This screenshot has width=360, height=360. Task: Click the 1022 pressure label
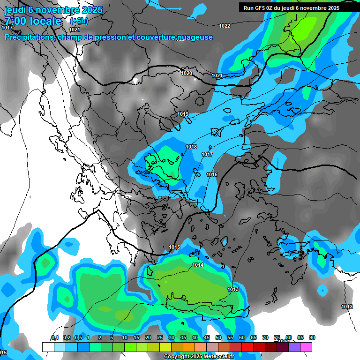click(225, 26)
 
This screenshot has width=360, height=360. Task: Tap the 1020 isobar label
click(187, 73)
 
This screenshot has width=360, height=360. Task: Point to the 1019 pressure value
click(183, 114)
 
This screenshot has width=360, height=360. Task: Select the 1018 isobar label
click(191, 147)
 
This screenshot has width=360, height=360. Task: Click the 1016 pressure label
click(212, 174)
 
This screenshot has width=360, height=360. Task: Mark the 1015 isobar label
click(174, 247)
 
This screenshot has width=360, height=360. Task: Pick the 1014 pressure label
click(198, 265)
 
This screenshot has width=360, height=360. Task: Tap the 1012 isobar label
click(347, 307)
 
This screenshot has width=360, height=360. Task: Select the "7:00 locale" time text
click(32, 21)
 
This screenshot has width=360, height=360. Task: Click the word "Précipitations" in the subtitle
click(30, 37)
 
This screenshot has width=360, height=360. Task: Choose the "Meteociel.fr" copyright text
click(220, 357)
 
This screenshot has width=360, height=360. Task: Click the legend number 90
click(312, 337)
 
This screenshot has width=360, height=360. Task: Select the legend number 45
click(207, 337)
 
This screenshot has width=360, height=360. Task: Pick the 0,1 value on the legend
click(55, 337)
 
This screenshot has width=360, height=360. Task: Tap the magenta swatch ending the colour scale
click(307, 347)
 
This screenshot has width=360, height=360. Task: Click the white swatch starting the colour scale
click(48, 347)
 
